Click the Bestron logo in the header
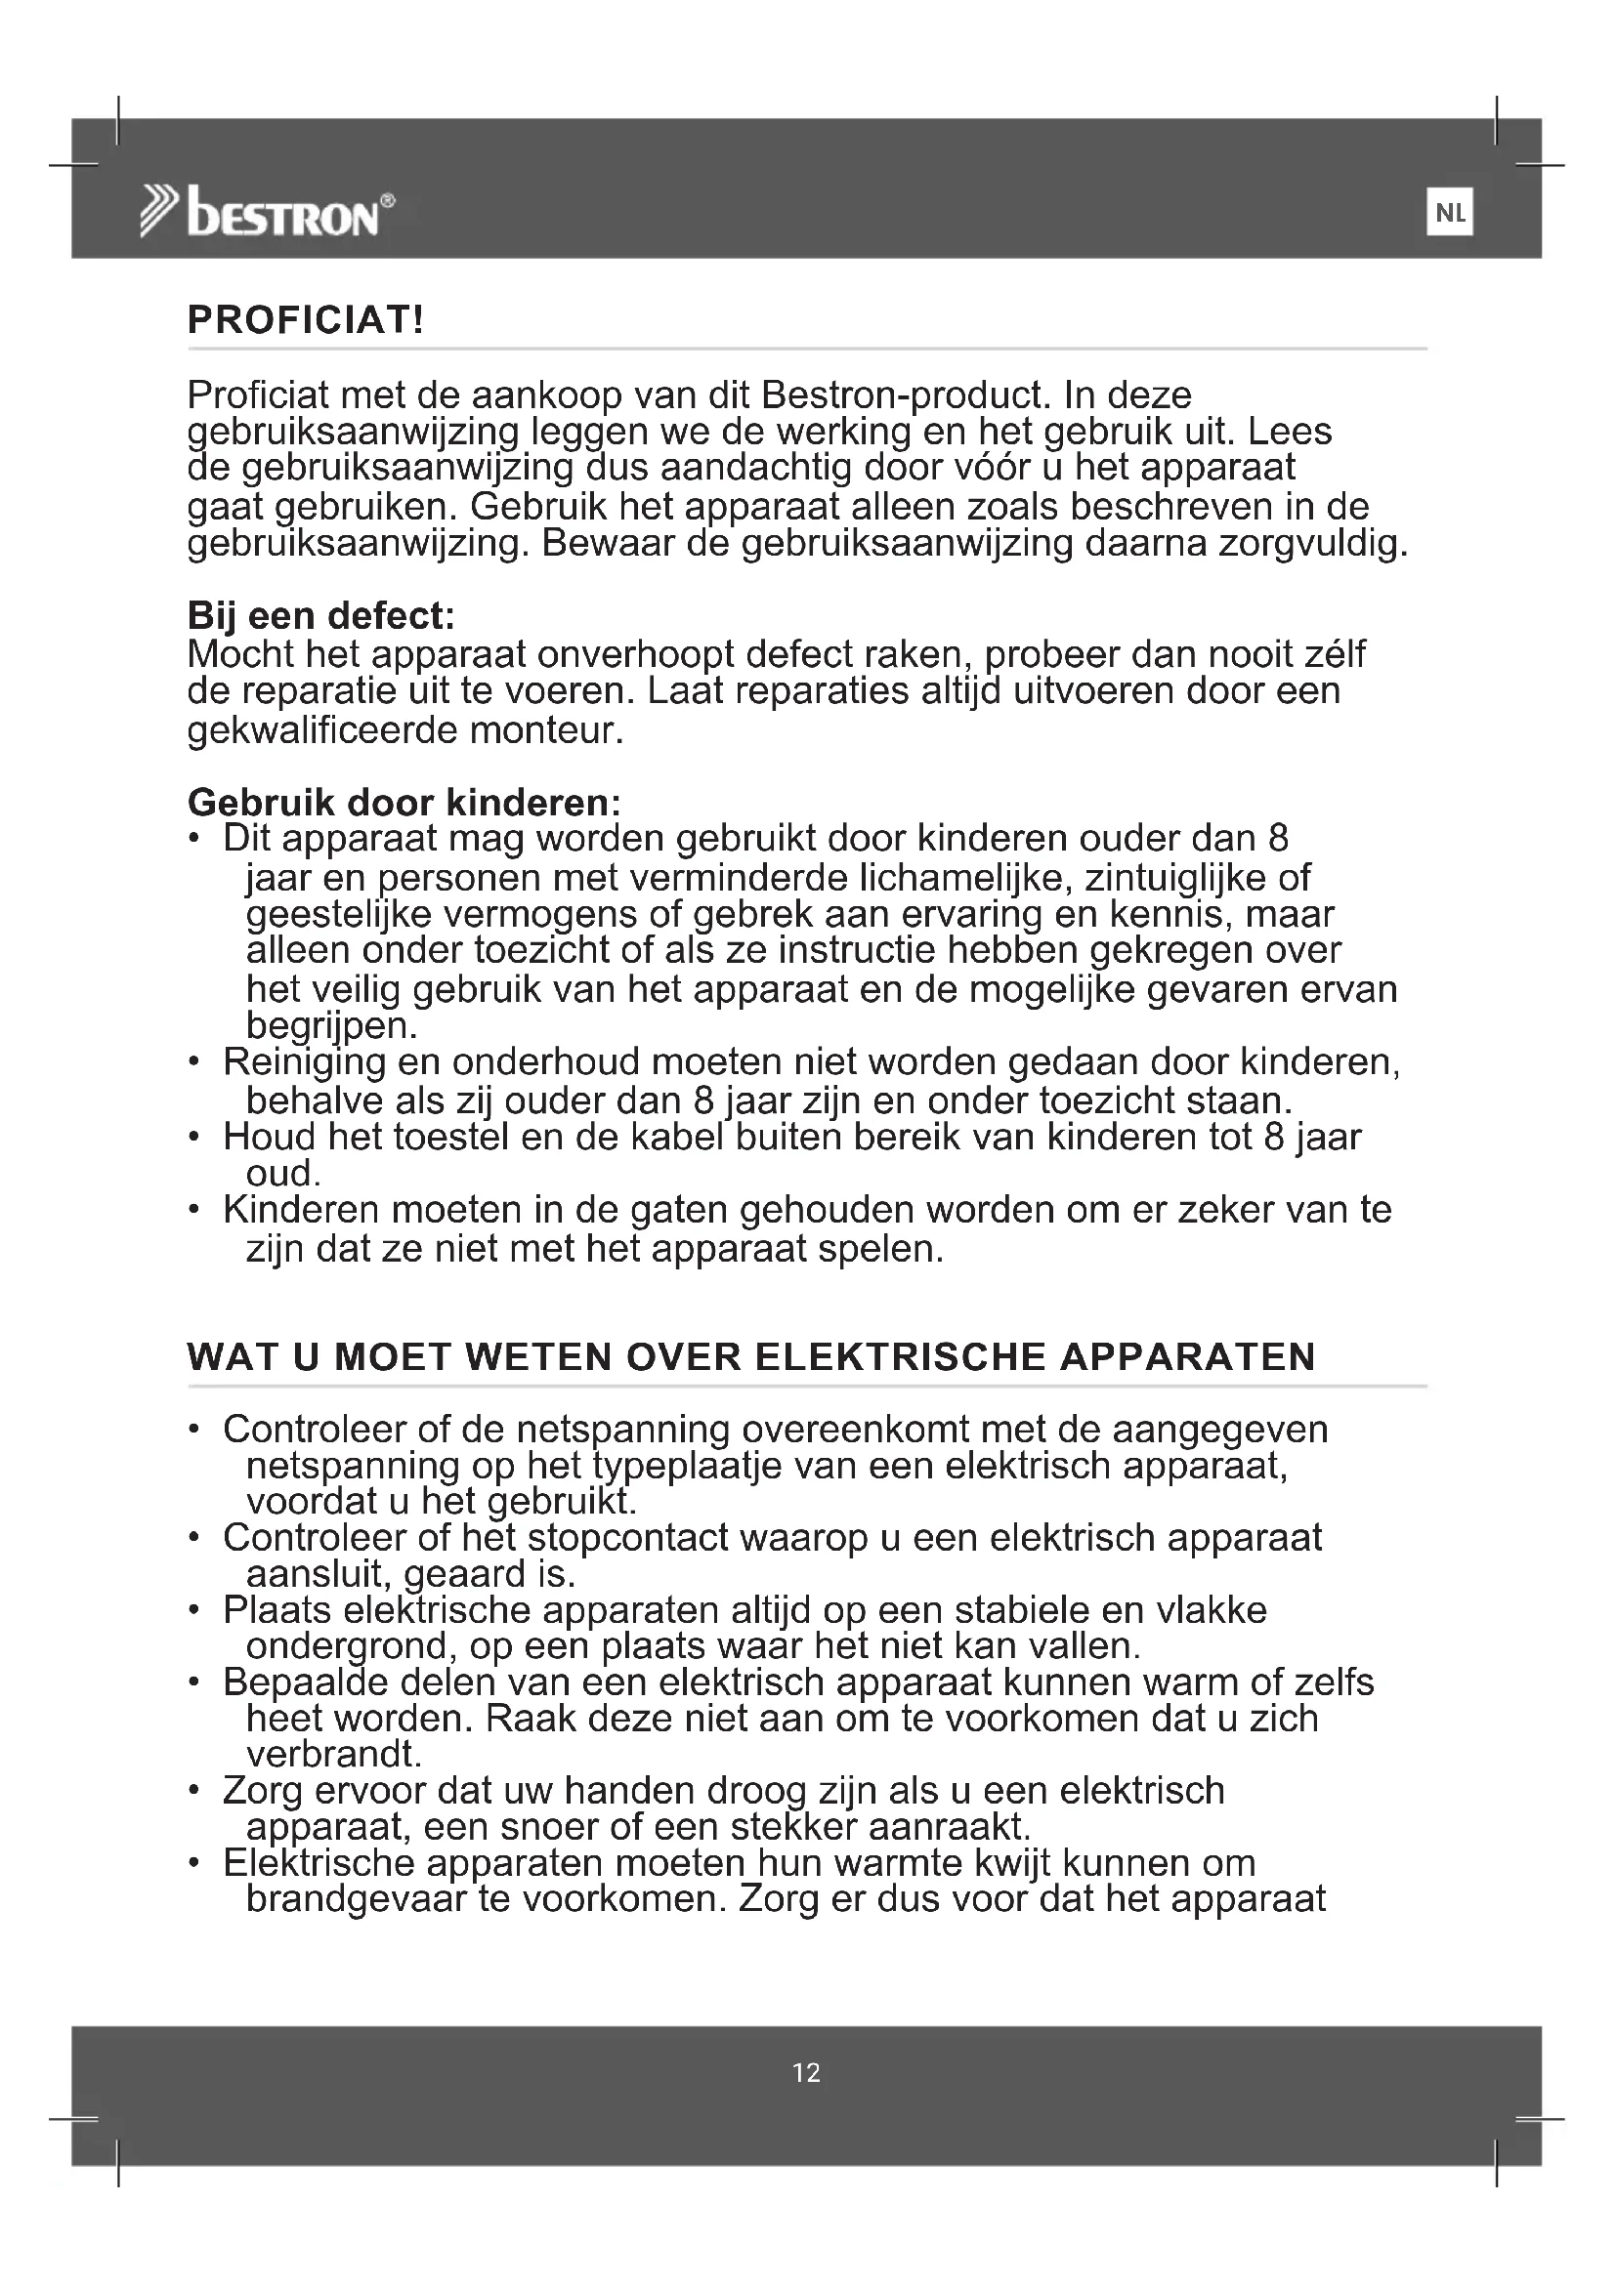tap(269, 211)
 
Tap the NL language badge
tap(1450, 213)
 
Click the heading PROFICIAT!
tap(307, 320)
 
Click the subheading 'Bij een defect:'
tap(320, 616)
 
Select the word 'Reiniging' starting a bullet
tap(304, 1062)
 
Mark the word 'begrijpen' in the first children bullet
tap(330, 1024)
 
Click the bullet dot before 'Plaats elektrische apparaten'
tap(195, 1611)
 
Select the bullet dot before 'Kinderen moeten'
tap(195, 1211)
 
